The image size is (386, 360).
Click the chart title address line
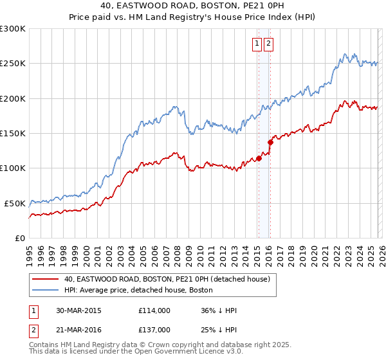193,6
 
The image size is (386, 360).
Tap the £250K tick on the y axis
13,64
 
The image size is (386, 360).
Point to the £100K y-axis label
13,168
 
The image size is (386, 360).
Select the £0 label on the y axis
19,238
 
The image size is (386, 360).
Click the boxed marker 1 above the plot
257,44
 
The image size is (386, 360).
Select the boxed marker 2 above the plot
268,44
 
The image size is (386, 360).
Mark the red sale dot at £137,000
270,143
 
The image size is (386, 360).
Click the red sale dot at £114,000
259,158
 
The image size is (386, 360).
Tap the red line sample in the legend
46,280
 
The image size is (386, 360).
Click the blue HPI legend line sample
46,291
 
